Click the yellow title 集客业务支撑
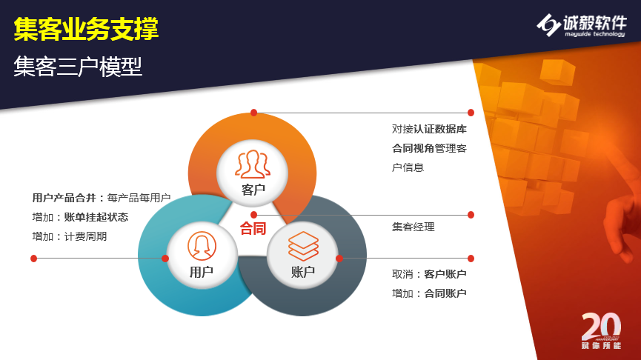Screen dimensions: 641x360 tap(86, 29)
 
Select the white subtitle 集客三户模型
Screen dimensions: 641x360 tap(78, 67)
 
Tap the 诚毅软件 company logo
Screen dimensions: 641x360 tap(581, 25)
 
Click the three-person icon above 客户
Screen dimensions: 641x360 tap(252, 164)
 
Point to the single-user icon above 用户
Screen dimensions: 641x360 tap(202, 246)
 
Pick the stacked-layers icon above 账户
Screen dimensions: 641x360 tap(303, 246)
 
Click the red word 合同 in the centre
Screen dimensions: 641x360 tap(253, 228)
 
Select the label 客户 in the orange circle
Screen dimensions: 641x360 tap(253, 190)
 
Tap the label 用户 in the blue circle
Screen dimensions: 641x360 tap(201, 272)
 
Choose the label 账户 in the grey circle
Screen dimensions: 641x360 tap(303, 272)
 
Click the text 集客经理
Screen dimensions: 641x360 tap(414, 227)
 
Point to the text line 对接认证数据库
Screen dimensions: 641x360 tap(429, 129)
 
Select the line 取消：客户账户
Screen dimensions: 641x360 tap(429, 274)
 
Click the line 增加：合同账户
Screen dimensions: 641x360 tap(429, 293)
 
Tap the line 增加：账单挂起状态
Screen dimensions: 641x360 tap(80, 217)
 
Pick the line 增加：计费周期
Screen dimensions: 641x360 tap(70, 236)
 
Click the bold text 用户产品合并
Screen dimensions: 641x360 tap(64, 198)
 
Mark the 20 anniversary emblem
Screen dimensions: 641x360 tap(601, 331)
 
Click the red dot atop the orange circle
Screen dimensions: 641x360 tap(254, 113)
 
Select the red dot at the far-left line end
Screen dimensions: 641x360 tap(34, 259)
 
